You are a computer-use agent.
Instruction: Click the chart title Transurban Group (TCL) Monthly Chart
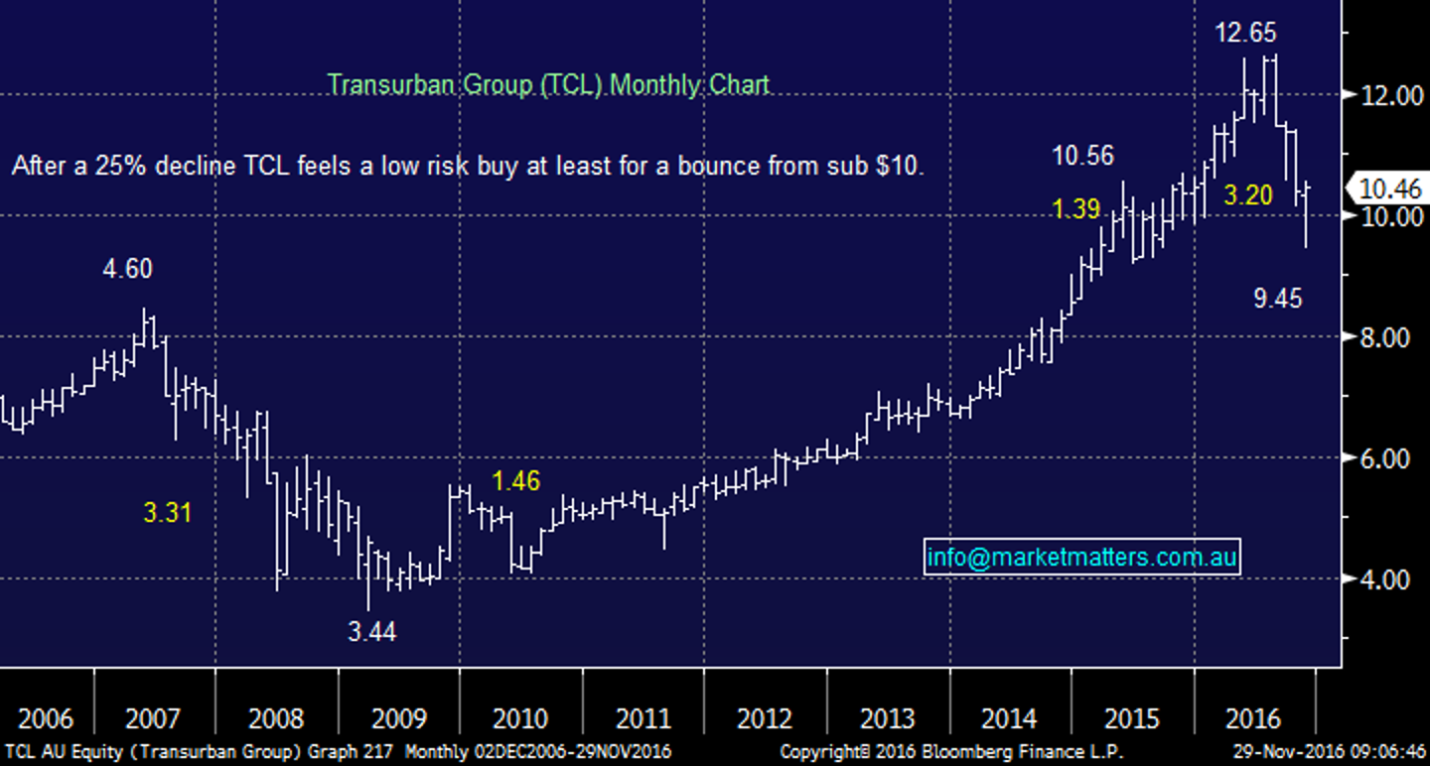click(x=548, y=84)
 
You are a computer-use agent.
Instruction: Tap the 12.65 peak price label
click(x=1246, y=33)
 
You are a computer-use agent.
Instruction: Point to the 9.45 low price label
click(x=1277, y=298)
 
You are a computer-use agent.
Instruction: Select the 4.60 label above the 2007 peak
click(x=129, y=269)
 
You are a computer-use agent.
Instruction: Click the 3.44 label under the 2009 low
click(x=371, y=630)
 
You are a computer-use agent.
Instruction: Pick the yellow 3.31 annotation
click(x=167, y=513)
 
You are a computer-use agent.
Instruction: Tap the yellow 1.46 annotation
click(x=516, y=482)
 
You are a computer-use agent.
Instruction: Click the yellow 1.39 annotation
click(x=1076, y=208)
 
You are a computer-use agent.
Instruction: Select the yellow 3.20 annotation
click(x=1247, y=195)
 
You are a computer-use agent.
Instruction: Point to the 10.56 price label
click(x=1083, y=156)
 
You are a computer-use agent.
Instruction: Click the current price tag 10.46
click(x=1390, y=187)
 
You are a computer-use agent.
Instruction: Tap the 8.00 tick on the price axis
click(x=1383, y=337)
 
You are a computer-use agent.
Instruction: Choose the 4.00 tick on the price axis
click(x=1383, y=579)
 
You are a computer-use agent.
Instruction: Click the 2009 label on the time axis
click(x=399, y=717)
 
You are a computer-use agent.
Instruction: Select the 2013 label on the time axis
click(x=888, y=717)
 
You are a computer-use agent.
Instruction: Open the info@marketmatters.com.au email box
click(x=1081, y=558)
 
